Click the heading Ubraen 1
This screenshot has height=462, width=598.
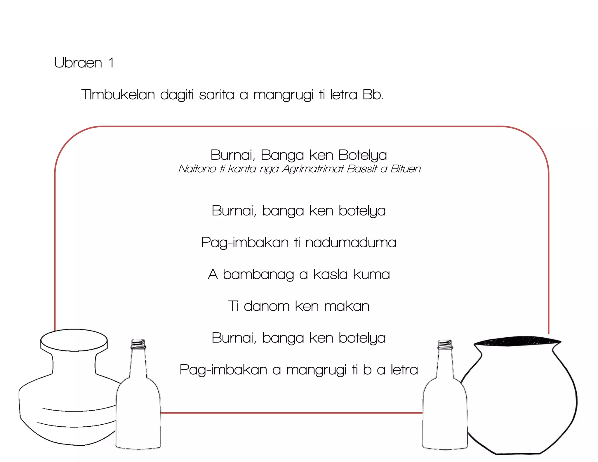pyautogui.click(x=84, y=63)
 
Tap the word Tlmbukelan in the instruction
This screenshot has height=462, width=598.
pyautogui.click(x=118, y=95)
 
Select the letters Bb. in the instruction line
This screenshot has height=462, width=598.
pyautogui.click(x=373, y=95)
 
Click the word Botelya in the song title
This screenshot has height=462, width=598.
pyautogui.click(x=362, y=155)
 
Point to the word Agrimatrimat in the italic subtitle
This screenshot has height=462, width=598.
pyautogui.click(x=313, y=169)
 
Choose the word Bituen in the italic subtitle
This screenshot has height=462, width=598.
pyautogui.click(x=405, y=169)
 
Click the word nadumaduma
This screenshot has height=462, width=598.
pyautogui.click(x=351, y=242)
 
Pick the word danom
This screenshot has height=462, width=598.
pyautogui.click(x=266, y=306)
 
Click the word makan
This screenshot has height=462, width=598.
pyautogui.click(x=347, y=306)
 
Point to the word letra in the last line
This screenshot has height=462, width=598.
pyautogui.click(x=404, y=370)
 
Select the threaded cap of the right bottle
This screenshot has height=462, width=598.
pyautogui.click(x=445, y=344)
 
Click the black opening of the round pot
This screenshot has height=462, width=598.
pyautogui.click(x=517, y=341)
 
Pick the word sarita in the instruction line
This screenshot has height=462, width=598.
pyautogui.click(x=216, y=95)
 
